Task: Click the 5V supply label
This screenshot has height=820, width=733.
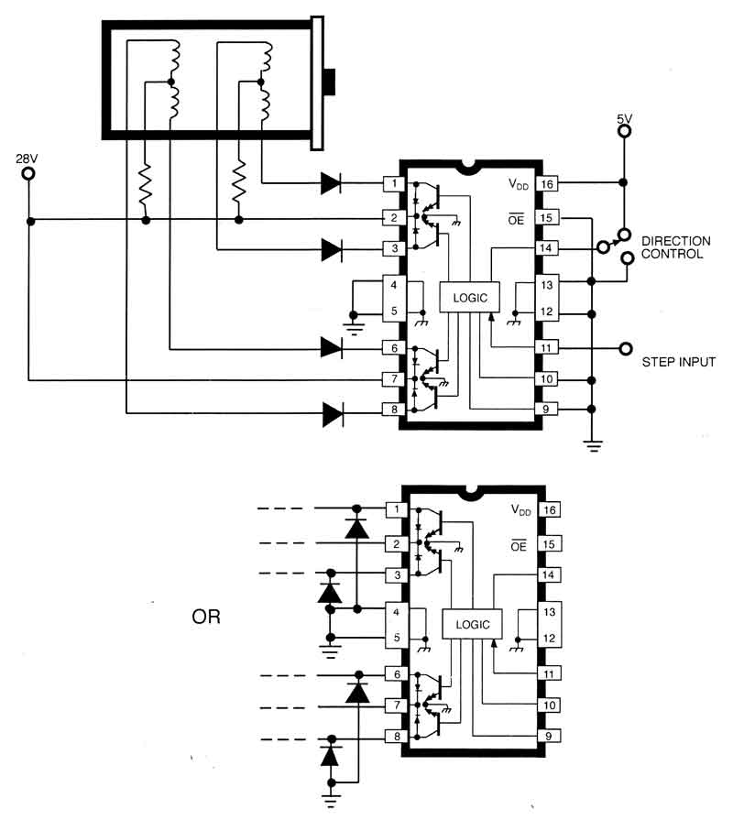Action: (624, 117)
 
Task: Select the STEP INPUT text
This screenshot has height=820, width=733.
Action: (678, 363)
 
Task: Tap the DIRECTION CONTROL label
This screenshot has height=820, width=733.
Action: (672, 247)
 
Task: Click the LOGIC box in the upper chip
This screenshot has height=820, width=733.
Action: (470, 297)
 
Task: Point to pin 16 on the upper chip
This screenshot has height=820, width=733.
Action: (547, 184)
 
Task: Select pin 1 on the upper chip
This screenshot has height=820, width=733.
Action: (394, 184)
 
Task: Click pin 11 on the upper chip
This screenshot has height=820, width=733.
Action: (547, 348)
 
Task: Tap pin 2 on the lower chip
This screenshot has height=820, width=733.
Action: (397, 544)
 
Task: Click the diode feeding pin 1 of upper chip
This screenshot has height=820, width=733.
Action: (333, 184)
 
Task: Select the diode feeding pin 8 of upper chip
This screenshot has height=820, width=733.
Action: (333, 414)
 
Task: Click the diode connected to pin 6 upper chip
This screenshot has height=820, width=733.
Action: (333, 346)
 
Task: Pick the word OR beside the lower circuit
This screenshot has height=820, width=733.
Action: (206, 616)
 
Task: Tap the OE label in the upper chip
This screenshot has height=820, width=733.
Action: (518, 218)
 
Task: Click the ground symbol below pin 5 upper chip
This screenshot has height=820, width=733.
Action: (354, 321)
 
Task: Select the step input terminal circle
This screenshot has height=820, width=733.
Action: (627, 348)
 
